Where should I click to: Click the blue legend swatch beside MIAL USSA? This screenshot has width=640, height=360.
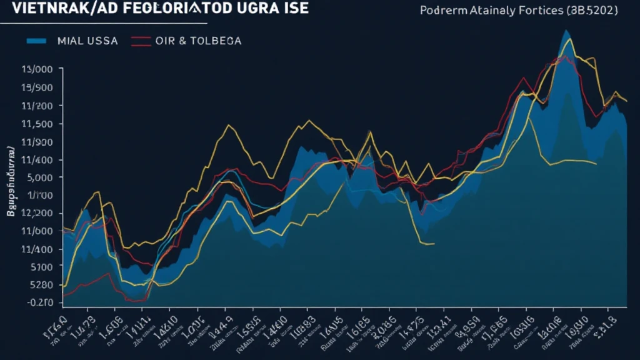point(36,41)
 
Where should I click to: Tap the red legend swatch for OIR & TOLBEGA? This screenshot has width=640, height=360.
point(141,41)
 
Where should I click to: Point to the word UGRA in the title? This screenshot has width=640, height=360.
point(246,8)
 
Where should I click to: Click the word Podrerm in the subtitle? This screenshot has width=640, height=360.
point(442,11)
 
